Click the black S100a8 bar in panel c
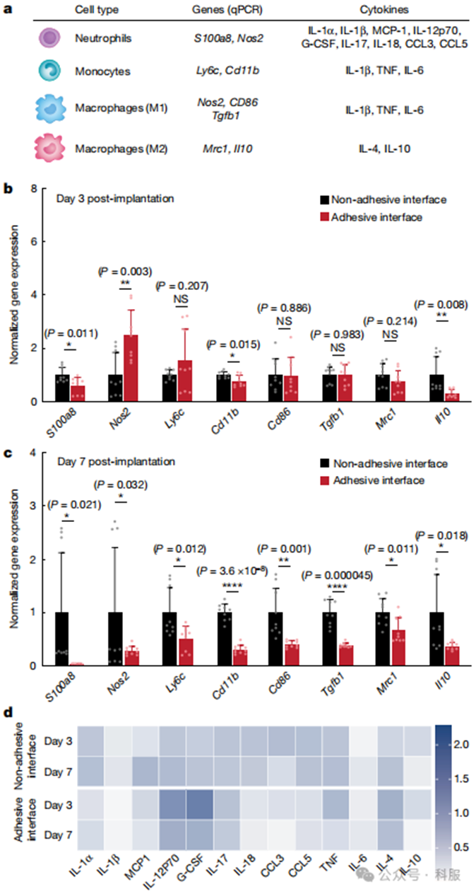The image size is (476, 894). point(61,639)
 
